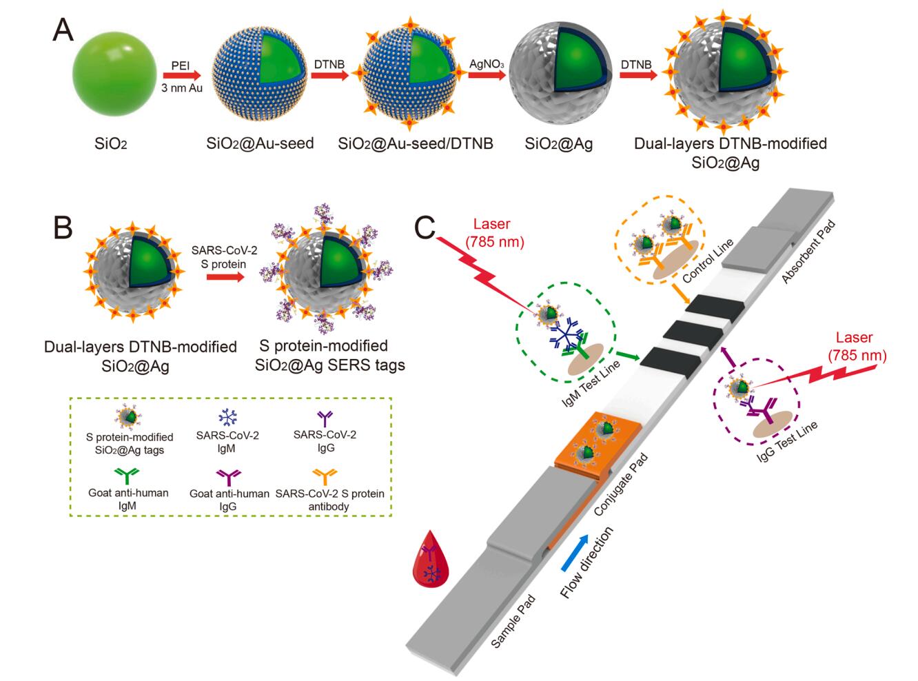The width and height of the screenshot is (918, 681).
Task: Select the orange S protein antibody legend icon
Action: (x=329, y=476)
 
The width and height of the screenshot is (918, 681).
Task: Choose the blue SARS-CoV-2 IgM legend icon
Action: (x=227, y=418)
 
